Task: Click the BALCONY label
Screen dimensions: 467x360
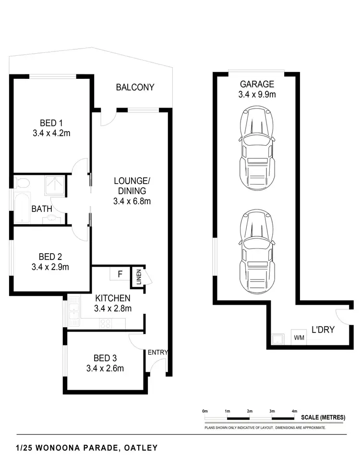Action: click(x=135, y=87)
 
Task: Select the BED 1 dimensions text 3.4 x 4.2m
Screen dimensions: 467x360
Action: click(x=51, y=133)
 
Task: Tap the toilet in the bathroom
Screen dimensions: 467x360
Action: click(x=22, y=183)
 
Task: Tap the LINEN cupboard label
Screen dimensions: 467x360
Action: click(x=138, y=278)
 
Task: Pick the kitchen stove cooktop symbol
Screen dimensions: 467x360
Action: click(x=105, y=324)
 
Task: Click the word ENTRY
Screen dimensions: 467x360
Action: click(x=157, y=352)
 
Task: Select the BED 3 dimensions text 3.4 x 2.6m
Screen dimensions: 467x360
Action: click(x=105, y=369)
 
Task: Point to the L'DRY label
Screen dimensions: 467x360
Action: click(x=323, y=330)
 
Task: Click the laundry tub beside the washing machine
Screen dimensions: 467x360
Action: click(x=276, y=339)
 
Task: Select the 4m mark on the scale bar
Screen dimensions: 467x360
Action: click(x=294, y=411)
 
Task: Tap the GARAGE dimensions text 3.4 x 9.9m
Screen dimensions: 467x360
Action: click(x=257, y=95)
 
